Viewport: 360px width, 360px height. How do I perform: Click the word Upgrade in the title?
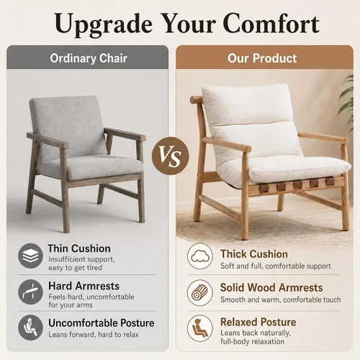coord(104,24)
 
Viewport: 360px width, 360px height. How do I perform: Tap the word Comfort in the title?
coord(271,23)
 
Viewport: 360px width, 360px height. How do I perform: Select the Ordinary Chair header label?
coord(89,58)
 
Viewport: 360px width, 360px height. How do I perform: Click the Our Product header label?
coord(262,58)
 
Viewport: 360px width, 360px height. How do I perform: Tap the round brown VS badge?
coord(171,156)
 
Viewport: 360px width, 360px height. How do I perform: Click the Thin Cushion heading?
coord(79,248)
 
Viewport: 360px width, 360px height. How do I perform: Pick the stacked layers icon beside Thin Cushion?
coord(30,256)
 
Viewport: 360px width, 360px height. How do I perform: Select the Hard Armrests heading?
coord(84,286)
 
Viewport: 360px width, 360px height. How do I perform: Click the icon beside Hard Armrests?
coord(30,292)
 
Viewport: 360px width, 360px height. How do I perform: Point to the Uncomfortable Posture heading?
coord(102,323)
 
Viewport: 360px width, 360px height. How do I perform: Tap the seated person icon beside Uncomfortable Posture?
coord(30,328)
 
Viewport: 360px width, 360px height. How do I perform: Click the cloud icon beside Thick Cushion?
coord(200,256)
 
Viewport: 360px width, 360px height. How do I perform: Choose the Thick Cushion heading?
coord(254,254)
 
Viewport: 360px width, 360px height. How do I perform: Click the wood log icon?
coord(200,293)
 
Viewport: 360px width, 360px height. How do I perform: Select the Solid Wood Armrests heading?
coord(271,287)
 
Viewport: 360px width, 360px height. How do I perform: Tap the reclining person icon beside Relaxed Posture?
coord(200,328)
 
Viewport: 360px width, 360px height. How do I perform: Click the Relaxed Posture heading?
coord(258,322)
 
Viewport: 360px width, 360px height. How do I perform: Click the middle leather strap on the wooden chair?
coord(298,185)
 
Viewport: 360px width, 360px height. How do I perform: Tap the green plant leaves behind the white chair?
coord(347,101)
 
